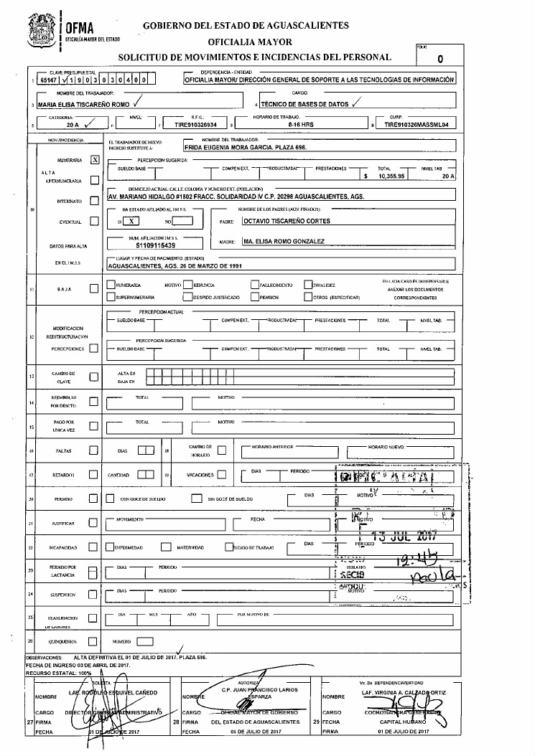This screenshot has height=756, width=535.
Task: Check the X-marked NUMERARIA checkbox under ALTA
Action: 95,160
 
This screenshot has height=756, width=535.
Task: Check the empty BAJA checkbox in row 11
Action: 94,289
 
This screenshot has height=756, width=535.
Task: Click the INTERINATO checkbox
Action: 94,201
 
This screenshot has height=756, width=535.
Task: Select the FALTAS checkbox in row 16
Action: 94,450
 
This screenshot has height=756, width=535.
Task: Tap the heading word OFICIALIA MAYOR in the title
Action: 246,41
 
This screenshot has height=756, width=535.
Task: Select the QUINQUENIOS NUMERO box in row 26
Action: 145,641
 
